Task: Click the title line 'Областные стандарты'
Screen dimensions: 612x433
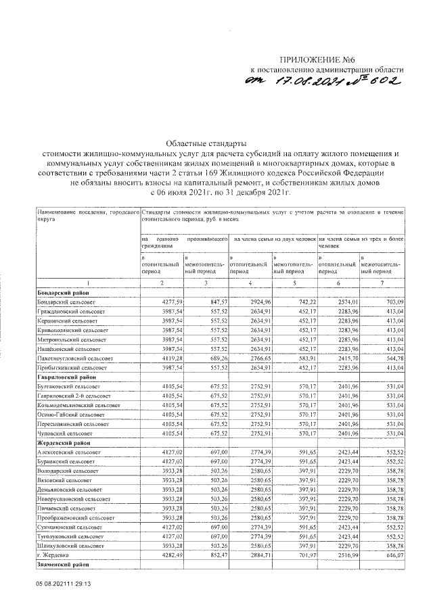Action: pyautogui.click(x=207, y=143)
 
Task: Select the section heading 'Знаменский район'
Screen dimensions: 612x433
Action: pyautogui.click(x=65, y=563)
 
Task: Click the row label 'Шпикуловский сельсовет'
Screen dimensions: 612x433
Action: pyautogui.click(x=68, y=545)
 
